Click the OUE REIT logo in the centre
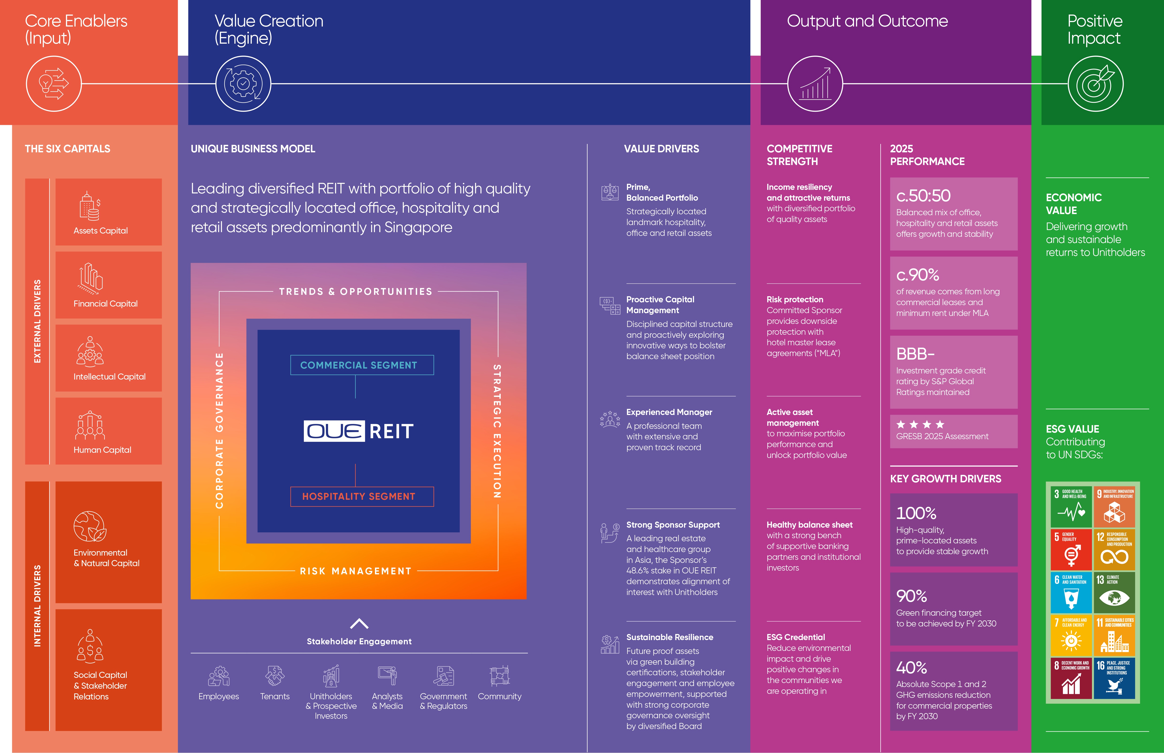tap(359, 431)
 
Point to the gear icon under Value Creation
tap(243, 84)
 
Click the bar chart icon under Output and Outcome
tap(815, 84)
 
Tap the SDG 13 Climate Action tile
tap(1114, 592)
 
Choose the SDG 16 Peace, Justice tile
tap(1114, 678)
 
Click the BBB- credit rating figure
tap(915, 353)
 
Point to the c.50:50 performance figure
tap(923, 196)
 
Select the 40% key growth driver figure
tap(911, 667)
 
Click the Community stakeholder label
tap(500, 696)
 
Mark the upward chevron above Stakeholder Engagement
tap(359, 623)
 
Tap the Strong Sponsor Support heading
tap(673, 525)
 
